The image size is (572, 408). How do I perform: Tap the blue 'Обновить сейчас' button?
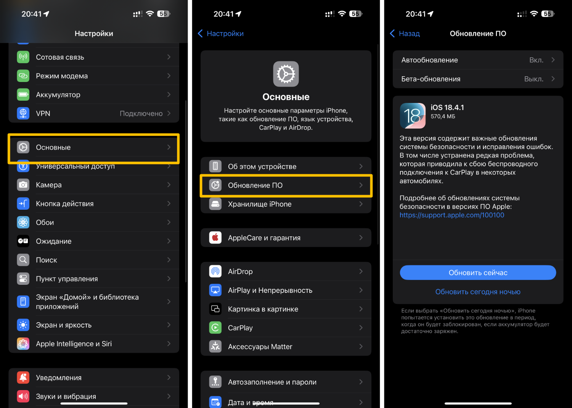(478, 272)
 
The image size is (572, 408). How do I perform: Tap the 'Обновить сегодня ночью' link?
(478, 292)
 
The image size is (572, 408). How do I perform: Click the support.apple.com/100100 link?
(452, 215)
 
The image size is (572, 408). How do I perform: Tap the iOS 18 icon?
(413, 116)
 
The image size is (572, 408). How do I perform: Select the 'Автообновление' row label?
(429, 60)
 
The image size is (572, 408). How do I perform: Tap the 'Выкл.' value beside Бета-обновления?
(534, 79)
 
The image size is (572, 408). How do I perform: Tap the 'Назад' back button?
(405, 34)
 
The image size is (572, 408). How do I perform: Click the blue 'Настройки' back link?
(221, 34)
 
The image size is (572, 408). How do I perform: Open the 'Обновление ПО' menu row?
(286, 185)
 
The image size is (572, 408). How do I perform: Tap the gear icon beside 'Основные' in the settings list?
(23, 147)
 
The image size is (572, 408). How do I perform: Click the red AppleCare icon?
(215, 238)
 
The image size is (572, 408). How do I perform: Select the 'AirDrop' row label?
(240, 271)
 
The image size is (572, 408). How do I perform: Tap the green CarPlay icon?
(215, 328)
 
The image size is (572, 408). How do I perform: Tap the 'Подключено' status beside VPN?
(141, 113)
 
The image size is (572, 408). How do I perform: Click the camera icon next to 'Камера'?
(23, 185)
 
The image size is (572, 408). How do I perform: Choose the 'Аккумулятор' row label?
(58, 95)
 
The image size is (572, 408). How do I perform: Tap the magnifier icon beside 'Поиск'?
(23, 260)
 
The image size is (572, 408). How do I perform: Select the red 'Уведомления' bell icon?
(23, 377)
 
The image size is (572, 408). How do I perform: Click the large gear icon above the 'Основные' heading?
(286, 74)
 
